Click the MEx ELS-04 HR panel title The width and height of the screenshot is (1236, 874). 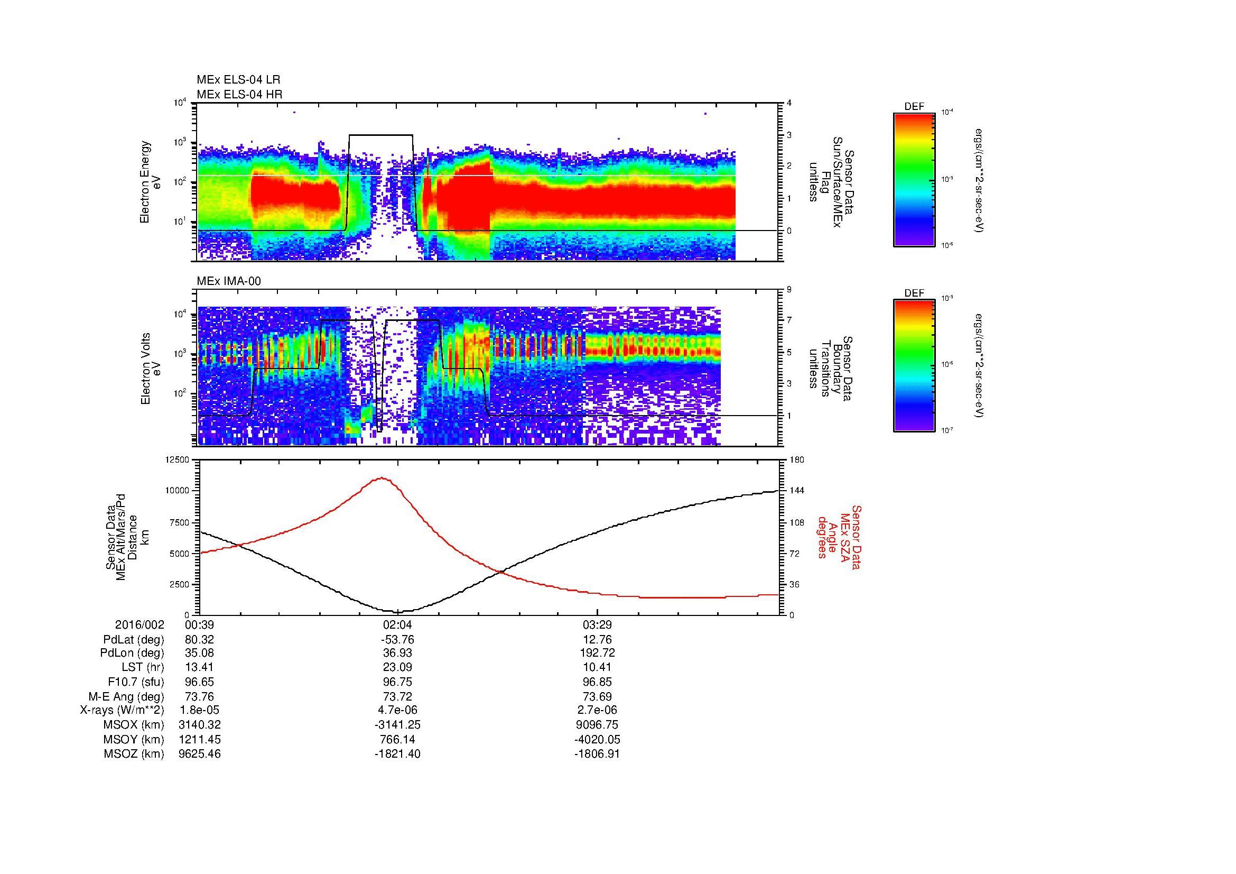(x=239, y=94)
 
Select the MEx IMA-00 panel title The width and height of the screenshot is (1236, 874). (x=229, y=281)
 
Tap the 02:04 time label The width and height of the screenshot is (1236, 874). (x=397, y=625)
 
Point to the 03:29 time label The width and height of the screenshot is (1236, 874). (x=597, y=625)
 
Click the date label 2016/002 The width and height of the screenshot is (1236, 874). (x=140, y=625)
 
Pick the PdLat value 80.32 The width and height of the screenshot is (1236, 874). (x=199, y=640)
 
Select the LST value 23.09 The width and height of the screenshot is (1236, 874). (x=397, y=667)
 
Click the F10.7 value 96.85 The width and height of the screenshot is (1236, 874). (x=597, y=682)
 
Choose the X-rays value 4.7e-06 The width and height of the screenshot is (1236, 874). (x=397, y=710)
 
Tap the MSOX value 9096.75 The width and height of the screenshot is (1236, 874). (x=597, y=724)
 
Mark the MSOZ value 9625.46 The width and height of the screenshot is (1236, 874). (x=199, y=754)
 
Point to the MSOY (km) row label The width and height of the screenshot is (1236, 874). (x=134, y=739)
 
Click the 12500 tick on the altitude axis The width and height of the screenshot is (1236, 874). (x=178, y=460)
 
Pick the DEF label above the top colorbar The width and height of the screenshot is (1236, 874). (x=914, y=107)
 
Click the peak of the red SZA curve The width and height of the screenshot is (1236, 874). (x=382, y=477)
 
